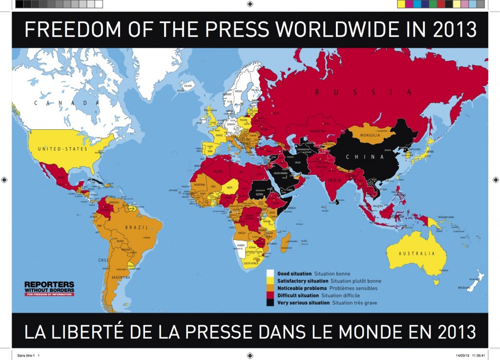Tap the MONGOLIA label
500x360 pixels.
(x=374, y=135)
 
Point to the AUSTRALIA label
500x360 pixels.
(x=417, y=254)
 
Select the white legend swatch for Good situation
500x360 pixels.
(x=271, y=274)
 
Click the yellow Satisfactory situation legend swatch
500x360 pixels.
(x=271, y=281)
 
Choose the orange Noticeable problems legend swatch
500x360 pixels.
(x=271, y=288)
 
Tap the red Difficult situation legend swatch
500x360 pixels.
(x=271, y=296)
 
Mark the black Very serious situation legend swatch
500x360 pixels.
(x=271, y=303)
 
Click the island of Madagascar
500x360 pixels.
(x=287, y=242)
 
